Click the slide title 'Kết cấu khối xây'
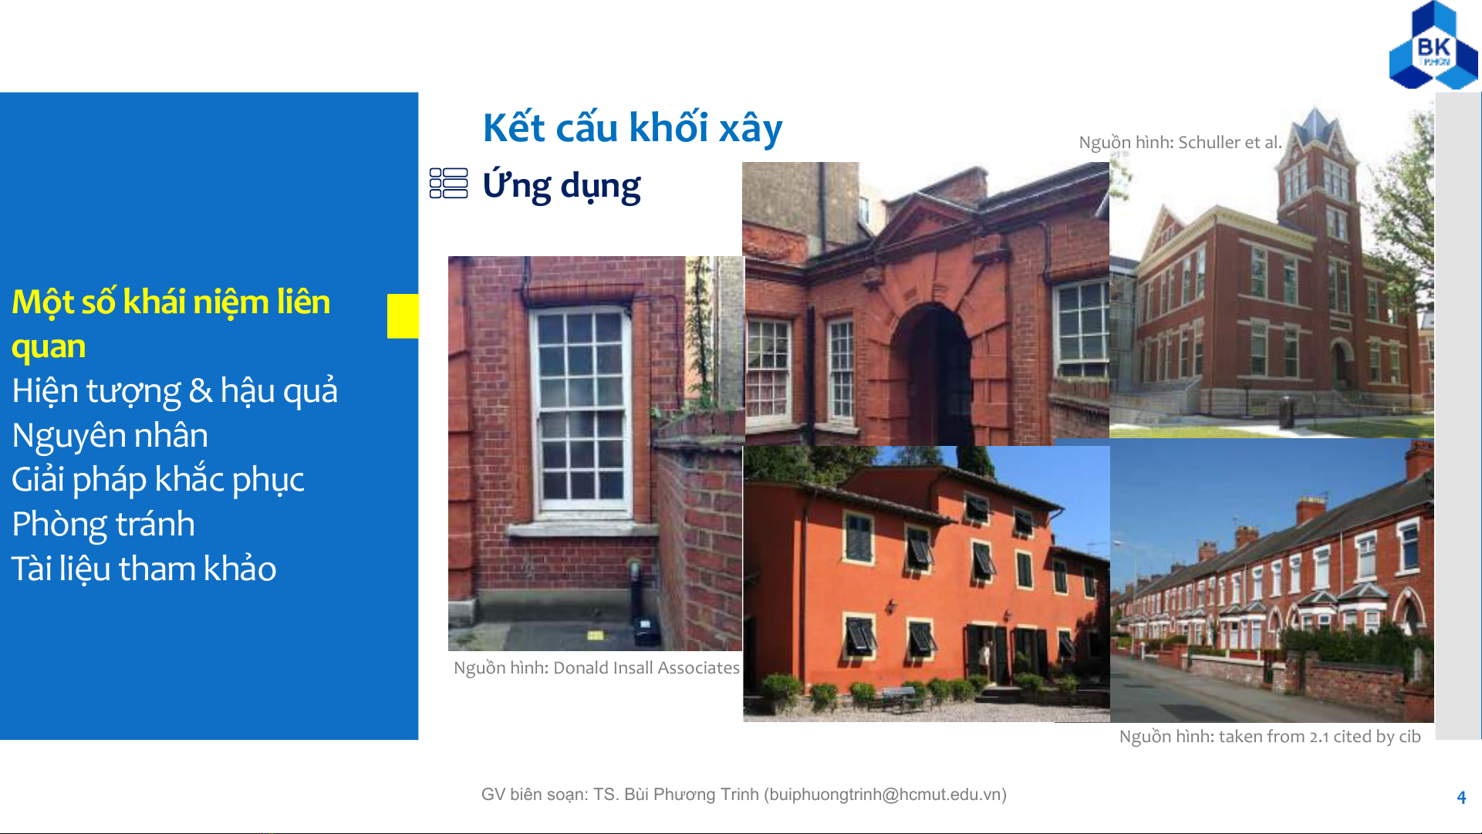(x=633, y=128)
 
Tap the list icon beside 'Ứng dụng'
(x=448, y=184)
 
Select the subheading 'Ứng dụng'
(x=562, y=187)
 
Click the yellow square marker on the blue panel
(x=403, y=316)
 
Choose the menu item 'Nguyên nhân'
(x=110, y=436)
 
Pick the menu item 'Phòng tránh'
(x=103, y=525)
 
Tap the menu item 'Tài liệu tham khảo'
(x=144, y=569)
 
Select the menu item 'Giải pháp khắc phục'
(x=158, y=480)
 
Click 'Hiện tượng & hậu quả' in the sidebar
(x=175, y=391)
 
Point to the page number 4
(x=1461, y=798)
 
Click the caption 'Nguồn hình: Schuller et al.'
(x=1180, y=143)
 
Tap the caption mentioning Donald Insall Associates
(x=596, y=668)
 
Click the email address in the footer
(x=885, y=795)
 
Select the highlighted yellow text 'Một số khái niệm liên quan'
(x=171, y=324)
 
